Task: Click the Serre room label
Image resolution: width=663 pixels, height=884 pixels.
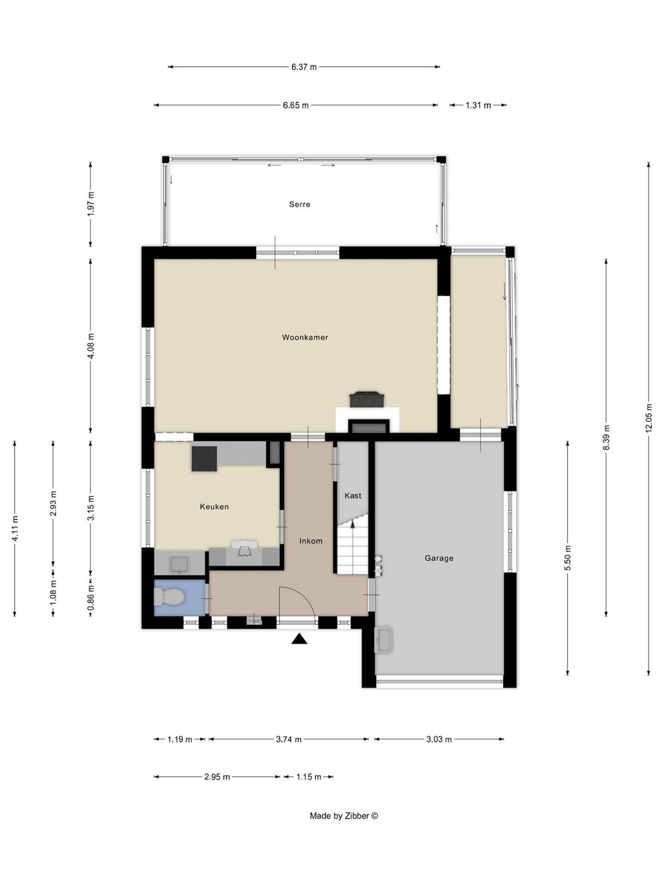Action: (299, 204)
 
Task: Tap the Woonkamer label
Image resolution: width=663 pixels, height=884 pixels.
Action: (305, 337)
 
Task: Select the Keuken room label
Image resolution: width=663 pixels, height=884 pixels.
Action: (214, 506)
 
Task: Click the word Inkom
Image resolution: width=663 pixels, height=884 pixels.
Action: (310, 541)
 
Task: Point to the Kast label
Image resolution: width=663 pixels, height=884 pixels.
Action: (353, 496)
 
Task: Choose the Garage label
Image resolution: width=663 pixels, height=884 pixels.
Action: (438, 558)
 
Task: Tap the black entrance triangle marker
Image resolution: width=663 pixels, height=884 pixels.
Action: (299, 639)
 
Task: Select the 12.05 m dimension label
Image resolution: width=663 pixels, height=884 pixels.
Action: (648, 418)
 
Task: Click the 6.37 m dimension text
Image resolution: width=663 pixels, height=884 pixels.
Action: (304, 67)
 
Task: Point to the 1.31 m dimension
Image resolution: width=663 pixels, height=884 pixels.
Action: (478, 105)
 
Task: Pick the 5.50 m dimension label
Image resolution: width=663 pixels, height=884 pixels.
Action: (568, 558)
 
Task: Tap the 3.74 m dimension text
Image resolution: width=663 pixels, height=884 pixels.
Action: (288, 739)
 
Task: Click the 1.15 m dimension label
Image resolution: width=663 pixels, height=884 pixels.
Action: (308, 777)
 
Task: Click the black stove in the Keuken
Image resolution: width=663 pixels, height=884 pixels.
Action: (204, 458)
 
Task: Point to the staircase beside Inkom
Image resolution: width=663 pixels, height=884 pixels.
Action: (352, 547)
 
